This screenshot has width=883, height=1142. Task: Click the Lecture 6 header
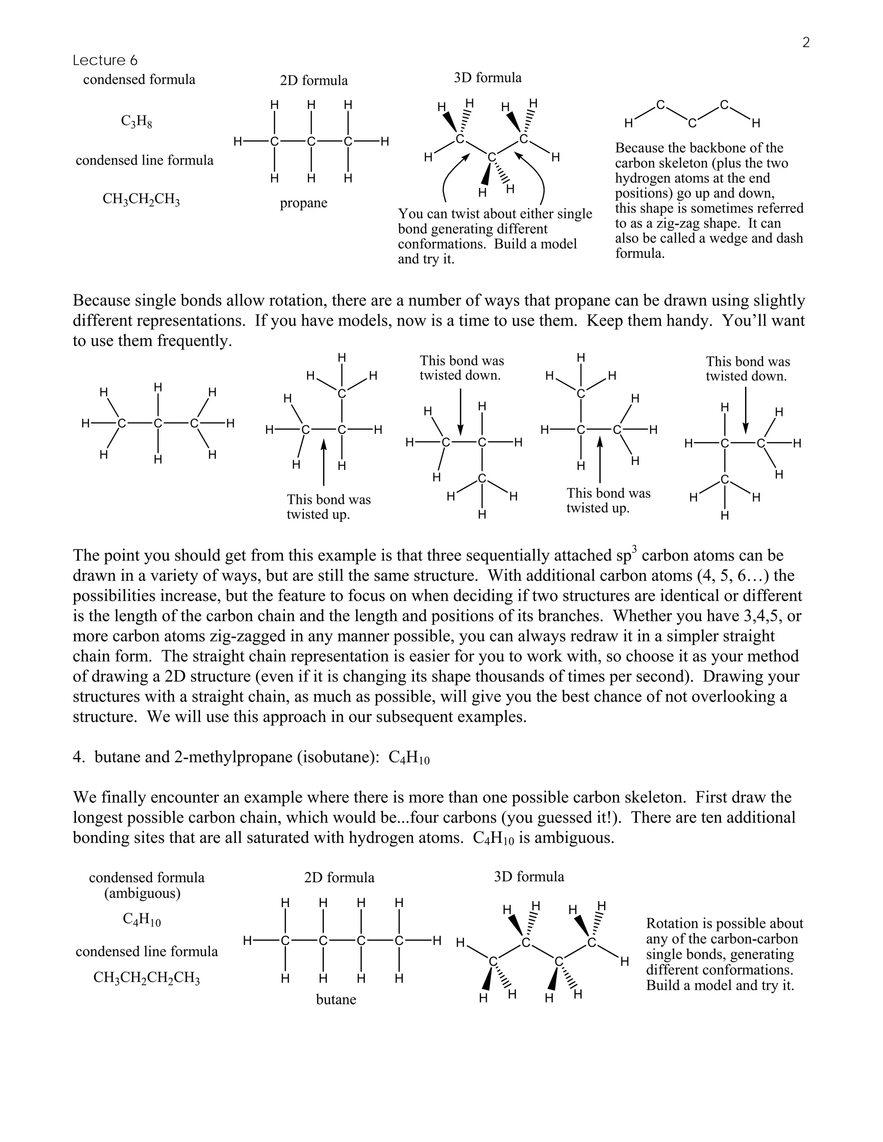click(x=105, y=61)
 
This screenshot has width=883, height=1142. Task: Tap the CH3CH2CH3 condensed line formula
click(x=141, y=199)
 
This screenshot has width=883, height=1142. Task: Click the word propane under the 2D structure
click(x=304, y=203)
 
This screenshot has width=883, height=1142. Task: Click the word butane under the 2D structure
click(x=336, y=999)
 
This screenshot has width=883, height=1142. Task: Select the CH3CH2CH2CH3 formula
click(x=147, y=977)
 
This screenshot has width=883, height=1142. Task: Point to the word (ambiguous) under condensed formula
click(x=142, y=893)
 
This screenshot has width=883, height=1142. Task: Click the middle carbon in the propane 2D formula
click(x=311, y=141)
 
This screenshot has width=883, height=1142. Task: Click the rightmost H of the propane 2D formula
click(x=385, y=141)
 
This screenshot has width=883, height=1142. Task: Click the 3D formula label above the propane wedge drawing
click(x=488, y=78)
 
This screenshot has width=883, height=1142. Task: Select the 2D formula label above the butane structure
click(x=339, y=877)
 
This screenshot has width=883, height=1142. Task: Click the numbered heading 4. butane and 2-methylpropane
click(x=251, y=758)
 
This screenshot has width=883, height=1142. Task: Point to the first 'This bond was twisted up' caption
click(x=329, y=507)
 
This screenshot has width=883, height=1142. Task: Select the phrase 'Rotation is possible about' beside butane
click(x=724, y=924)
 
